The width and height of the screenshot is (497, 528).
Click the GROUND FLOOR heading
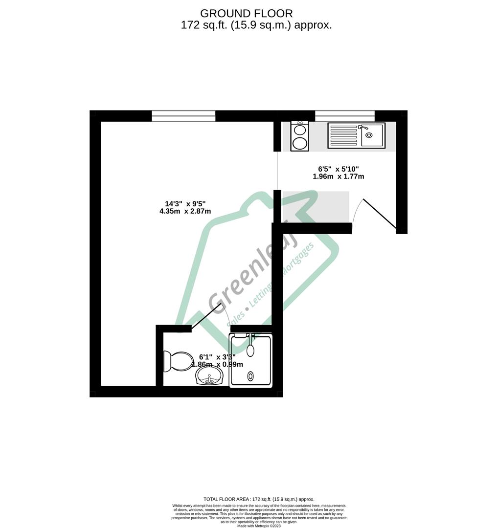click(247, 13)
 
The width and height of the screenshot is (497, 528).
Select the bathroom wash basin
click(209, 376)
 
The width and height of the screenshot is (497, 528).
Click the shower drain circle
click(251, 376)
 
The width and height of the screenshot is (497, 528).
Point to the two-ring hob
click(299, 136)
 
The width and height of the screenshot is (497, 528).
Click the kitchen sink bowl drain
click(368, 135)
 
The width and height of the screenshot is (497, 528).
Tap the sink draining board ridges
click(344, 135)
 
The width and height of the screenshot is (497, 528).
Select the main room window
click(183, 116)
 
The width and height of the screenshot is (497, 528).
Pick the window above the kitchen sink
click(344, 116)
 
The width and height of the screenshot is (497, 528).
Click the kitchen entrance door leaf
click(380, 215)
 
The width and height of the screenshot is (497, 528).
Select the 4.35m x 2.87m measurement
click(185, 211)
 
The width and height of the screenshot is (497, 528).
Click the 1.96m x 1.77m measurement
click(339, 176)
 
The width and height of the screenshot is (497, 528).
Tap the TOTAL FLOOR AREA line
click(259, 499)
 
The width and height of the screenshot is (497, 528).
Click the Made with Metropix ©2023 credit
click(259, 526)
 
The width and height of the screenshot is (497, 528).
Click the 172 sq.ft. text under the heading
click(201, 25)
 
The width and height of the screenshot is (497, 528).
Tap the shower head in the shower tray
click(250, 349)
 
